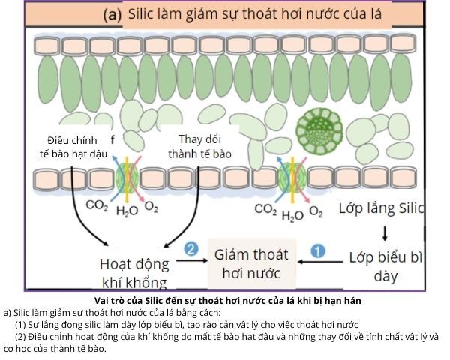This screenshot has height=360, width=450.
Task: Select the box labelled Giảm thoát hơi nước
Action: tap(251, 262)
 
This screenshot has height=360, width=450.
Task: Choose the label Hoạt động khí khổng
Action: tap(133, 272)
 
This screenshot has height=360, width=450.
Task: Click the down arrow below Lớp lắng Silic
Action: tap(385, 231)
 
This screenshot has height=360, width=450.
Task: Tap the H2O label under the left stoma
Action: tap(126, 211)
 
